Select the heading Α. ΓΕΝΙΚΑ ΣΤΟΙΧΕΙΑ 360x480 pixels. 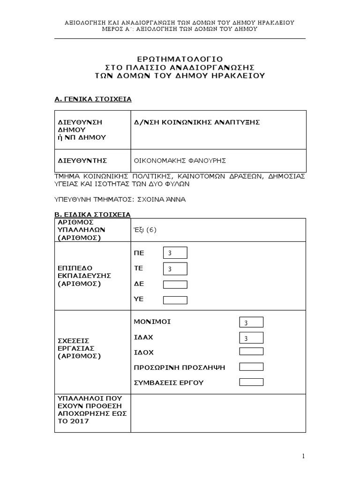click(93, 99)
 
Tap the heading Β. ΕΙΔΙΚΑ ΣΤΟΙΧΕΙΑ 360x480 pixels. click(93, 214)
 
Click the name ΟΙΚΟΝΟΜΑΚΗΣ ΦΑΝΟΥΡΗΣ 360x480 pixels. click(180, 161)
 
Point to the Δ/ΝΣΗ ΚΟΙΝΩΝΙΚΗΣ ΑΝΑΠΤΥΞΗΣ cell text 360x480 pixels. click(197, 122)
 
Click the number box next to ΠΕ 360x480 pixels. click(175, 253)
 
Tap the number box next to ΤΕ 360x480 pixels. click(175, 269)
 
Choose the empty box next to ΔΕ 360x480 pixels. click(175, 285)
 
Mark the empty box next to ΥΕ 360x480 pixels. click(175, 300)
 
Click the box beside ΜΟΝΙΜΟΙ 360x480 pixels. click(251, 322)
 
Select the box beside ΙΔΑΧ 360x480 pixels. click(251, 338)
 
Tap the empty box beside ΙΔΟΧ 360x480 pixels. click(251, 352)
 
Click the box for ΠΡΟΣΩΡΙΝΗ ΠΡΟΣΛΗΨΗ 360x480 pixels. click(251, 367)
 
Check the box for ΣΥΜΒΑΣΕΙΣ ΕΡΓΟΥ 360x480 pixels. click(251, 382)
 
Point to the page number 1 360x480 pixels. click(303, 456)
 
